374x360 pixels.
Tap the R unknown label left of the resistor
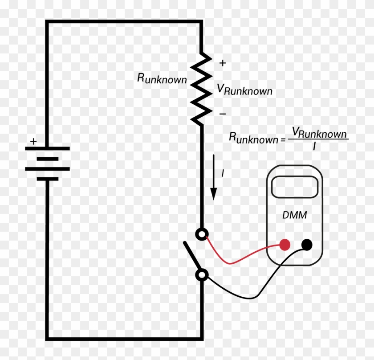click(162, 79)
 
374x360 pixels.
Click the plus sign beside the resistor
click(223, 63)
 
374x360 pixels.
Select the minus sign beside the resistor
click(223, 114)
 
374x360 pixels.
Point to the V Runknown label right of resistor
click(244, 90)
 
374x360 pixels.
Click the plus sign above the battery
click(33, 142)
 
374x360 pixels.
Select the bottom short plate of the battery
click(48, 179)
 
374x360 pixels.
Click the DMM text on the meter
click(294, 215)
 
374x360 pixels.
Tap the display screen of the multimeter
click(294, 186)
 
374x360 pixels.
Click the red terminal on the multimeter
click(285, 244)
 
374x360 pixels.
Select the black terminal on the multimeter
click(307, 244)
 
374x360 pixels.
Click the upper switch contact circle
click(202, 233)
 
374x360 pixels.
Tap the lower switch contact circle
click(202, 275)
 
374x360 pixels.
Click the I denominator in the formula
click(314, 145)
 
